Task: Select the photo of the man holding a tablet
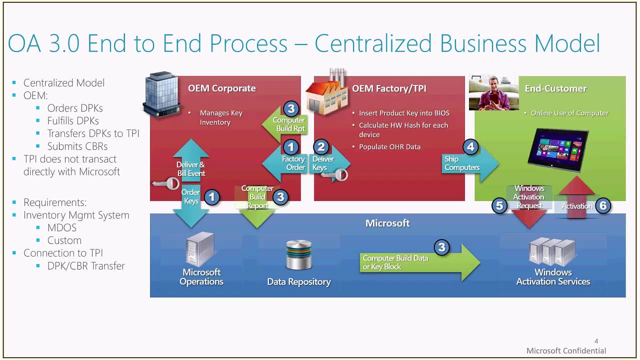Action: tap(493, 93)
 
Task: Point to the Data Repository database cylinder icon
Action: tap(299, 255)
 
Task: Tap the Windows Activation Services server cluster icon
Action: tap(552, 252)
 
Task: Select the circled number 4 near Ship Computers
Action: tap(470, 147)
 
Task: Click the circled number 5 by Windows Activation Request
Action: tap(499, 205)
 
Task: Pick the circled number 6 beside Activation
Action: tap(603, 205)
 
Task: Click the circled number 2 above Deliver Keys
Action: tap(321, 147)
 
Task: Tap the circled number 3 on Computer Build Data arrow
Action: tap(441, 247)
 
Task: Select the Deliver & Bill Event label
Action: tap(190, 169)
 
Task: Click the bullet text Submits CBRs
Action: tap(77, 146)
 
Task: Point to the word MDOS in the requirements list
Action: tap(62, 227)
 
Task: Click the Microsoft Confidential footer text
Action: tap(566, 350)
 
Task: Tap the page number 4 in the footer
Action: tap(596, 340)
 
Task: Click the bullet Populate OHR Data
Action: tap(389, 147)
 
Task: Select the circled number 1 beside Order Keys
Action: tap(212, 197)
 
